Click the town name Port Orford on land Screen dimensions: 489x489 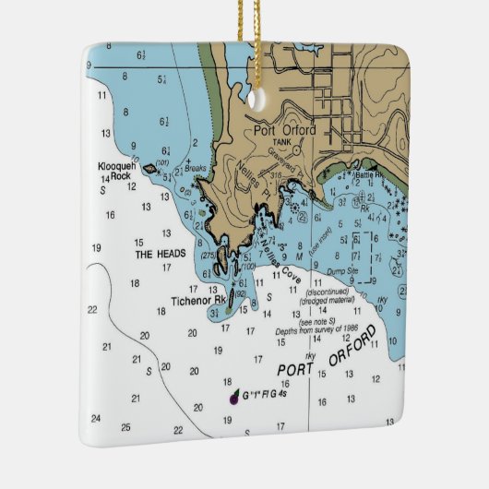tap(286, 130)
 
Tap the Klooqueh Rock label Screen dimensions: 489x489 tap(115, 171)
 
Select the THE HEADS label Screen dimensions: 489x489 tap(161, 254)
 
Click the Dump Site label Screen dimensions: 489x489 tap(346, 273)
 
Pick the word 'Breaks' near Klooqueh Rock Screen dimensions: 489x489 tap(195, 168)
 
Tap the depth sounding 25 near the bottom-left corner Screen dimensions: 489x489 tap(125, 426)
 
